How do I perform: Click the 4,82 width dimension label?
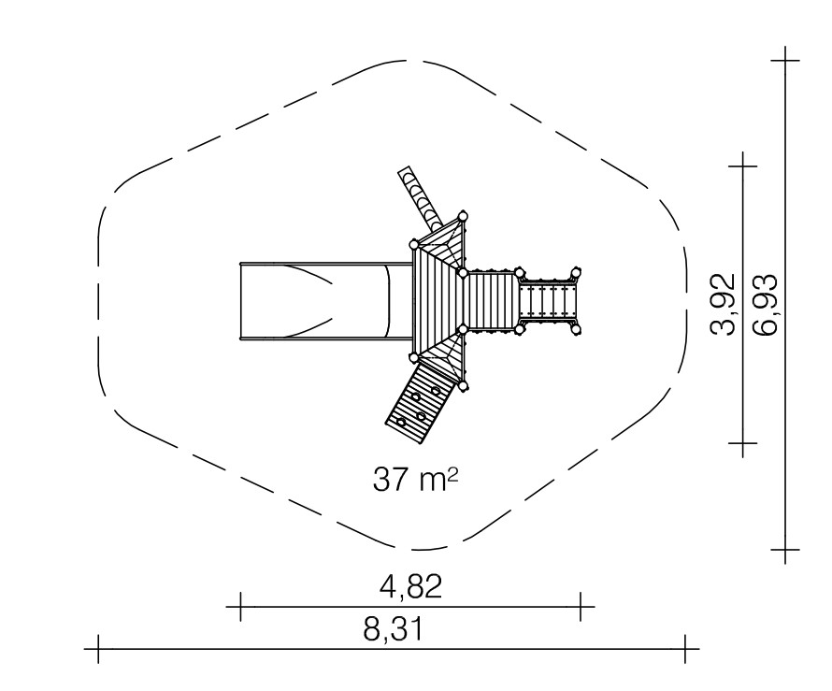tap(411, 586)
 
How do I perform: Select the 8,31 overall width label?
tap(394, 629)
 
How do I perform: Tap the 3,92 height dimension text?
tap(723, 304)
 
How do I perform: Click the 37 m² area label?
tap(415, 480)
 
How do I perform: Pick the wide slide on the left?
tap(326, 301)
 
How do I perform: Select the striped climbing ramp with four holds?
tap(421, 401)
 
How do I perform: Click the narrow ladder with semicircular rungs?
tap(421, 198)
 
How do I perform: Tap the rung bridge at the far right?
tap(548, 301)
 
